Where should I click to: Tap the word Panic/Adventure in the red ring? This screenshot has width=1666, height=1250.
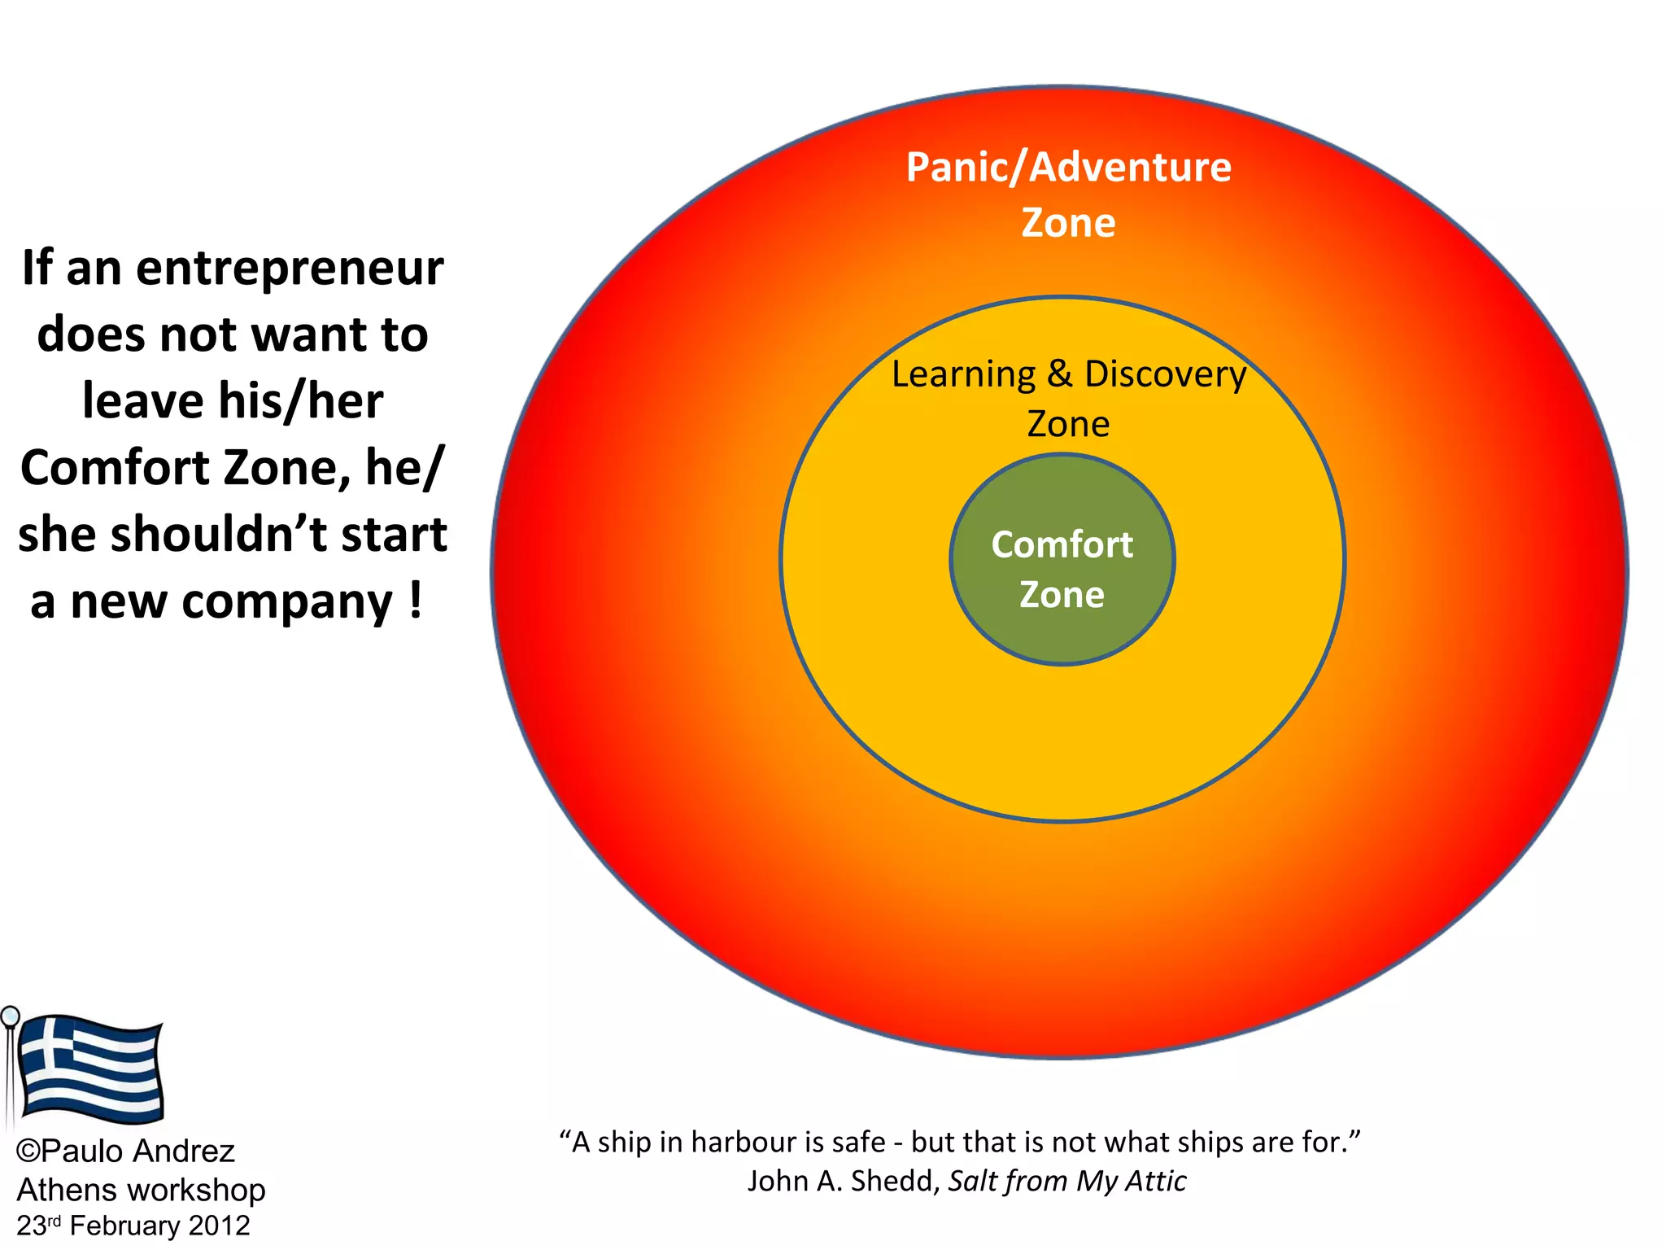click(x=1068, y=168)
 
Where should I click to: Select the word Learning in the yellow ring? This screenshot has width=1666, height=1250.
click(x=963, y=375)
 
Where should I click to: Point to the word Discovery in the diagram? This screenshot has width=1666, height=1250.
click(x=1165, y=375)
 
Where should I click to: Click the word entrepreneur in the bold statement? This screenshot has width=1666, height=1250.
click(x=290, y=269)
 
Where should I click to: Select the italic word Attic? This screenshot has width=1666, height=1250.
click(x=1156, y=1181)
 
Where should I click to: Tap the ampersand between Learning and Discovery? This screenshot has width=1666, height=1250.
click(x=1059, y=374)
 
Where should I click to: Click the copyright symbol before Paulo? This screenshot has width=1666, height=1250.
click(x=28, y=1152)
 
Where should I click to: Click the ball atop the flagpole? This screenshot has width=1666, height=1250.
click(x=10, y=1016)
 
